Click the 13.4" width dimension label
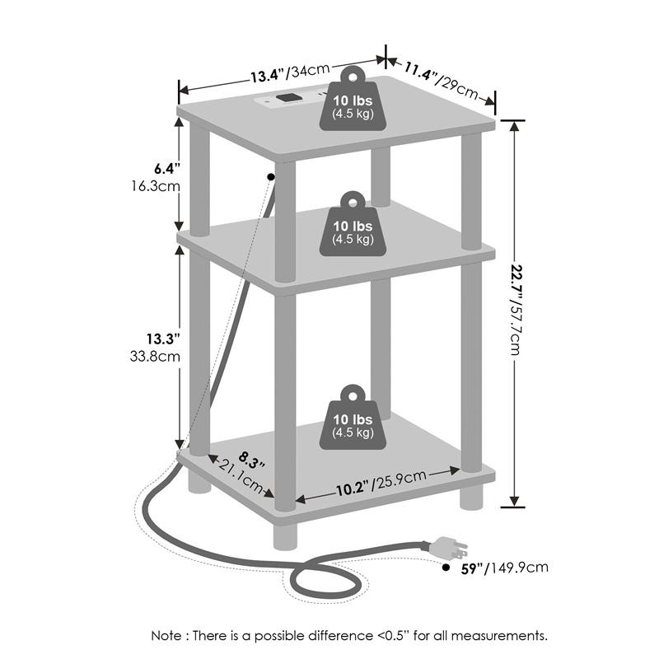pos(269,76)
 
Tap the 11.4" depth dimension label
pos(417,74)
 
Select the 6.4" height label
pos(166,169)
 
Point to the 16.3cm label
pos(159,186)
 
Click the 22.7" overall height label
pos(516,277)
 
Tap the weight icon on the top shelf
pos(353,100)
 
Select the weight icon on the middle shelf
pos(353,224)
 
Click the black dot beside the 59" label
pos(446,568)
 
